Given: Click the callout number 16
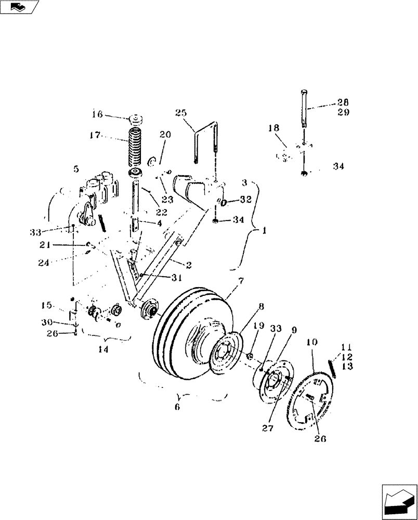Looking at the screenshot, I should (x=97, y=114).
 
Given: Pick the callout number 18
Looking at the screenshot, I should (x=274, y=128).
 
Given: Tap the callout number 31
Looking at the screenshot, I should (x=177, y=278).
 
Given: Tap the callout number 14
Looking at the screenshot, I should (x=103, y=350).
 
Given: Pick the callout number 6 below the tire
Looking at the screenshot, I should (x=177, y=407).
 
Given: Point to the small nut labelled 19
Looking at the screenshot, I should (x=249, y=356).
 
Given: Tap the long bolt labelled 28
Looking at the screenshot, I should (x=304, y=108).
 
